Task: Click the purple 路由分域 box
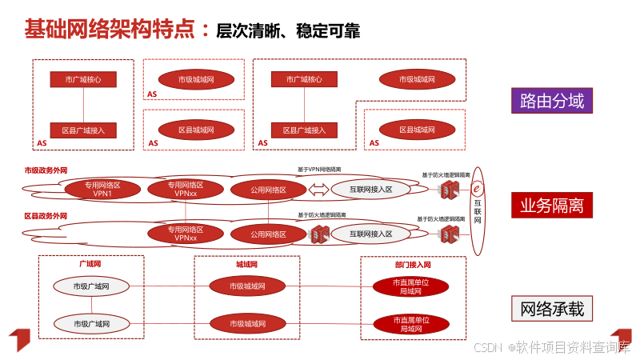tap(552, 101)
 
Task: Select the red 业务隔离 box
tap(552, 205)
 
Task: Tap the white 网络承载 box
tap(552, 309)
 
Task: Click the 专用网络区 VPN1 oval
tap(102, 190)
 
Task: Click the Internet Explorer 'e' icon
tap(478, 189)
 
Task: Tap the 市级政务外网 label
tap(46, 170)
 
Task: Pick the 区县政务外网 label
tap(46, 216)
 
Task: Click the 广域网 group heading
tap(90, 263)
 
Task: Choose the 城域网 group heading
tap(246, 263)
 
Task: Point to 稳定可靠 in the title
tap(327, 31)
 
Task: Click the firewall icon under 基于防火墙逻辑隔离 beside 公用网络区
tap(321, 234)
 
